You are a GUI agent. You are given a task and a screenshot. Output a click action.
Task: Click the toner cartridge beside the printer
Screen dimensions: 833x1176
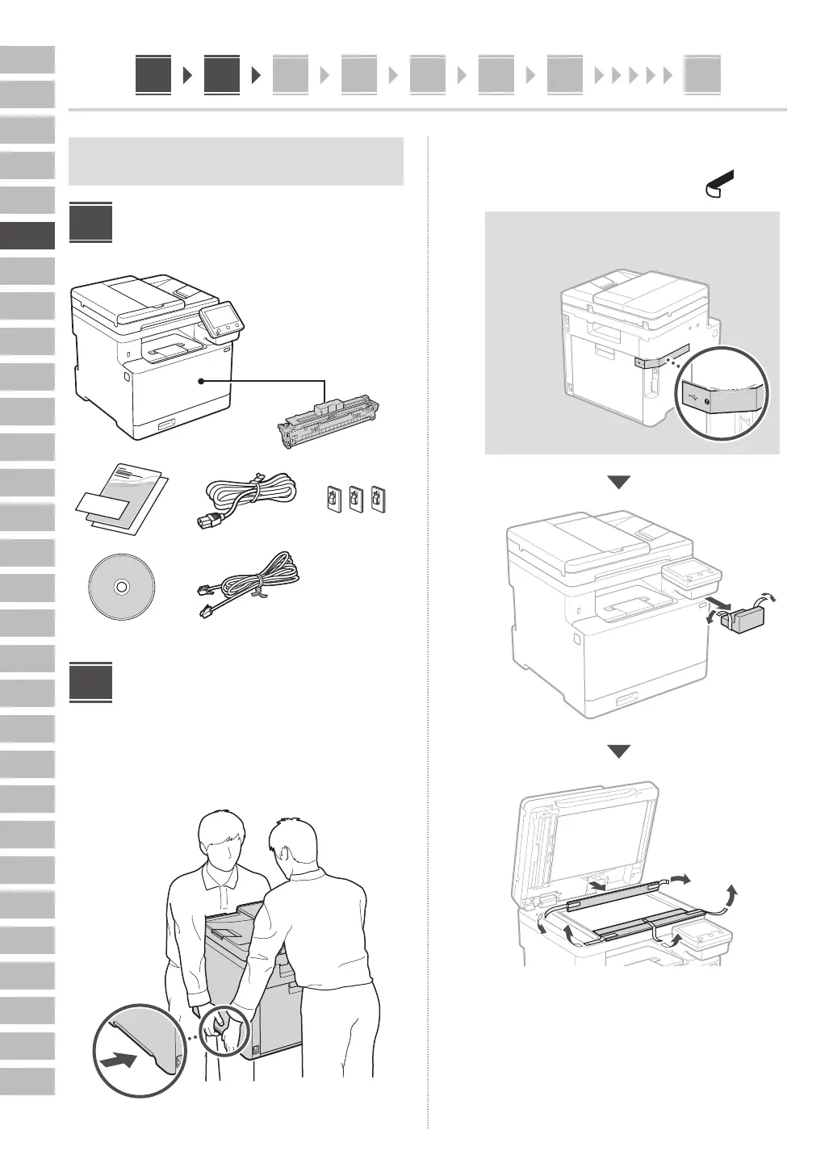[x=331, y=423]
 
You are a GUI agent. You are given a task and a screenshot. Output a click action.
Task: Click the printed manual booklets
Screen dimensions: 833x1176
[x=121, y=498]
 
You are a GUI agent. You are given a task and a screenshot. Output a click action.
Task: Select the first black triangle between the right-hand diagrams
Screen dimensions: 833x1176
[x=618, y=482]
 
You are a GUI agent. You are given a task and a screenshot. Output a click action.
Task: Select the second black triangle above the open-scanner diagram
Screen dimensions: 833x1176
[x=618, y=751]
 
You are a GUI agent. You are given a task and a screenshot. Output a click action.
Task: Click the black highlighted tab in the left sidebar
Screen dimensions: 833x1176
[x=27, y=236]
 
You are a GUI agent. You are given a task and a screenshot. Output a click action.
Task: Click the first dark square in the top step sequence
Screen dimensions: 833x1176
[x=153, y=75]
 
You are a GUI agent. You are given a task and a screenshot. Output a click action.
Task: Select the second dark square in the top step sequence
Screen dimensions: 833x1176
[x=221, y=75]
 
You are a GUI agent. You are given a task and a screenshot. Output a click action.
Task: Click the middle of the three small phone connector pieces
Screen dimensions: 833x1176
[x=356, y=499]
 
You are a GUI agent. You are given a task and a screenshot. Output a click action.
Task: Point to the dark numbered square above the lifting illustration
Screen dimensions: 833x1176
[x=90, y=683]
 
